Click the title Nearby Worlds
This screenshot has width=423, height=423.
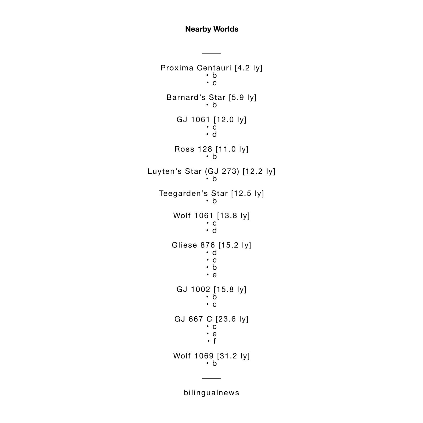click(x=212, y=29)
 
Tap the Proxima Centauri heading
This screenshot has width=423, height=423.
click(x=211, y=68)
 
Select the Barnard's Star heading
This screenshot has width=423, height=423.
click(x=211, y=97)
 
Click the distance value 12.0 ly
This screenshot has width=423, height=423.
click(x=230, y=120)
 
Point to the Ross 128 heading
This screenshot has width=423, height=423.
click(x=211, y=149)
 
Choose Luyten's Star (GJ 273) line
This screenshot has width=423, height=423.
click(x=211, y=171)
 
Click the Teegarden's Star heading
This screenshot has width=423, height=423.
click(x=211, y=194)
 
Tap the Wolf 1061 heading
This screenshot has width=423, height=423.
click(x=211, y=216)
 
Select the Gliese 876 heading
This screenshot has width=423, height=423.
click(x=211, y=245)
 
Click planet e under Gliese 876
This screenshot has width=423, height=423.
click(x=215, y=275)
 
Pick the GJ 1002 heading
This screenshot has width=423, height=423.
click(x=211, y=289)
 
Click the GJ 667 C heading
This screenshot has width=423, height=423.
click(x=211, y=319)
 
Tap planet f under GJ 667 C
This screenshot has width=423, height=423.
click(x=215, y=341)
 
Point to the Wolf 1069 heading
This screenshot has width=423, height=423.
click(x=211, y=356)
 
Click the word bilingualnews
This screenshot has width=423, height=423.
click(x=212, y=393)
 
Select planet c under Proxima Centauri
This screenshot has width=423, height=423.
click(x=215, y=83)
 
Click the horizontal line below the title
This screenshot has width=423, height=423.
click(x=211, y=54)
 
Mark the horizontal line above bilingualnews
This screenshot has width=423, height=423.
click(x=211, y=378)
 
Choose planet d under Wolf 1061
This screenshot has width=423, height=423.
click(x=215, y=230)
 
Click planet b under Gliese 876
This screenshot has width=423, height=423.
click(x=215, y=267)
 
